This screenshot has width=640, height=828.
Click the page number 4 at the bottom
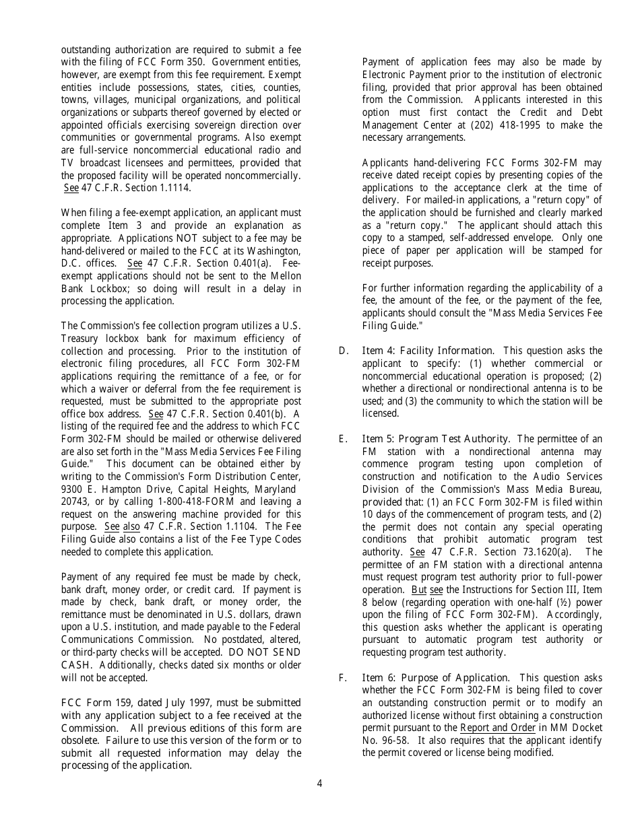pyautogui.click(x=320, y=783)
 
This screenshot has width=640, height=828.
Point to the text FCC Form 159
pyautogui.click(x=93, y=703)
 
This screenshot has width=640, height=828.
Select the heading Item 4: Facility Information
pyautogui.click(x=428, y=351)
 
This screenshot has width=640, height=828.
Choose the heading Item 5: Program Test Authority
pyautogui.click(x=435, y=439)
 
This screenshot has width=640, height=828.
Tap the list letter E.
pyautogui.click(x=344, y=439)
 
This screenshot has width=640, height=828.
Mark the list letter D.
pyautogui.click(x=344, y=351)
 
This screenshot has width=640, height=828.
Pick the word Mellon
pyautogui.click(x=283, y=276)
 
